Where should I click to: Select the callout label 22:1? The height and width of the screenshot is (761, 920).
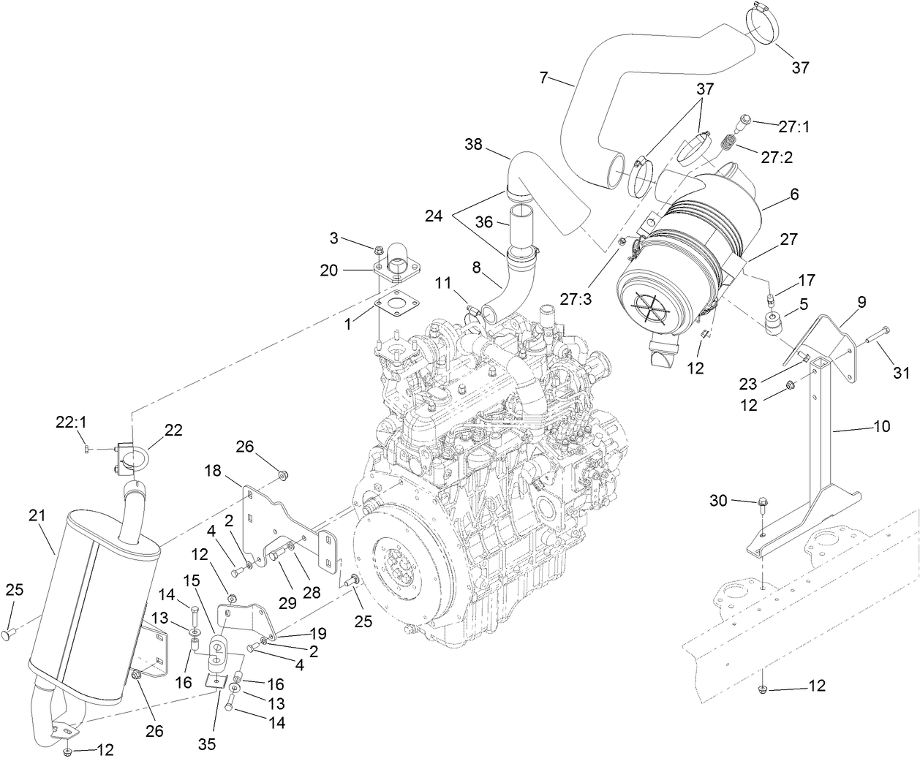click(x=71, y=423)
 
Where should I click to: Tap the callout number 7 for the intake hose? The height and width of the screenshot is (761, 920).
click(x=543, y=77)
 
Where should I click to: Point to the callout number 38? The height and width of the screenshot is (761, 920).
click(x=475, y=145)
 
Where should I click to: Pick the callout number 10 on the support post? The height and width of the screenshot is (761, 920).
click(x=881, y=425)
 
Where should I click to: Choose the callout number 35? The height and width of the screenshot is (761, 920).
click(x=208, y=744)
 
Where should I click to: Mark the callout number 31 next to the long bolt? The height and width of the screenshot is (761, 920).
click(x=902, y=373)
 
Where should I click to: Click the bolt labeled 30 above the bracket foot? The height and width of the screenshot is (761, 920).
click(x=761, y=504)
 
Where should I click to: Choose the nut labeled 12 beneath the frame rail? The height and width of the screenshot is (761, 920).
click(x=763, y=689)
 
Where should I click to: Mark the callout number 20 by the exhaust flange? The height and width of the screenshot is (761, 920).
click(x=328, y=270)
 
